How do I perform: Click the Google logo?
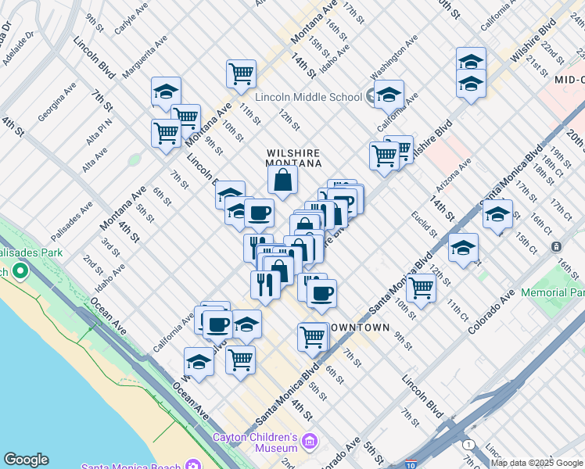point(26,460)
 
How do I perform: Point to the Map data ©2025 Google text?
point(536,463)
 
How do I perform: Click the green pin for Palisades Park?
point(20,271)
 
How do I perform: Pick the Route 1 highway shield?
point(467,443)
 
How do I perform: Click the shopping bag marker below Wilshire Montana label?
point(282,180)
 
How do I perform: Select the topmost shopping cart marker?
point(241,74)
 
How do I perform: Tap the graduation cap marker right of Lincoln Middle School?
point(388,95)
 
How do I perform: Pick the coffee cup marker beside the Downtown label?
point(321,295)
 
